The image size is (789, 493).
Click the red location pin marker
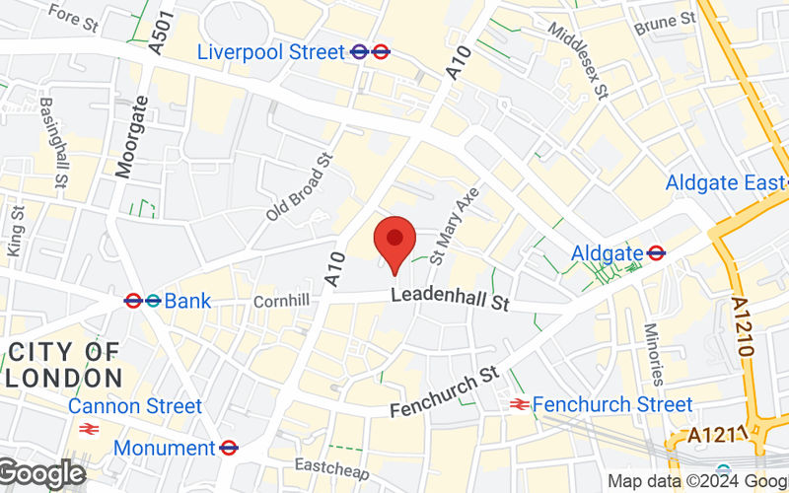[394, 240]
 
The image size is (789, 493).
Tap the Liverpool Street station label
[271, 51]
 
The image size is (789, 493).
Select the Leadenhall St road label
[449, 299]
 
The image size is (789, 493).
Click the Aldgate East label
[725, 182]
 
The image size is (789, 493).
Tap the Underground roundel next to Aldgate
[656, 253]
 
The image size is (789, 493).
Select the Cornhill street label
[281, 301]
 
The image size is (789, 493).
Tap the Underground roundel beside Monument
[229, 448]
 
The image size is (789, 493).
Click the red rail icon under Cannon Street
[88, 429]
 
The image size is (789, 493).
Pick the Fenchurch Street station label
[612, 404]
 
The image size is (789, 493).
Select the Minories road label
[654, 354]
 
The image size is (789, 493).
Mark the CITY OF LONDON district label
[65, 364]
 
